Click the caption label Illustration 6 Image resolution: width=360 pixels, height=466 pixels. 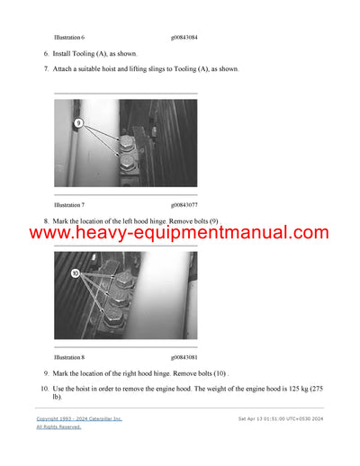pyautogui.click(x=69, y=38)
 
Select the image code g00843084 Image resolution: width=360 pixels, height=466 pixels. pyautogui.click(x=184, y=38)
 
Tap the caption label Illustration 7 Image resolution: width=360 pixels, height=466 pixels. pyautogui.click(x=69, y=204)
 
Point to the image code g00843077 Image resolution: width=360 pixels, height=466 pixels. pyautogui.click(x=184, y=204)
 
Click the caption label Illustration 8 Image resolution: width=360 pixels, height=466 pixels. pyautogui.click(x=69, y=357)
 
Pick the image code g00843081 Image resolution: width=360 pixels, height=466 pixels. pyautogui.click(x=184, y=357)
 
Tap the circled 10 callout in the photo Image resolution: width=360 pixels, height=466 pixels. pyautogui.click(x=76, y=273)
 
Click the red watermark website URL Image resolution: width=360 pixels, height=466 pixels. pyautogui.click(x=180, y=233)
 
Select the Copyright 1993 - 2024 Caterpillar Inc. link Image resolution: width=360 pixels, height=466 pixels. pyautogui.click(x=79, y=419)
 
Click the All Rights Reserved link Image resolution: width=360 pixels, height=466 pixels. pyautogui.click(x=58, y=427)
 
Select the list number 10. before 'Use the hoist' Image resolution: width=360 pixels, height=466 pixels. pyautogui.click(x=44, y=388)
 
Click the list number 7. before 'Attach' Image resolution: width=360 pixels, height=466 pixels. pyautogui.click(x=46, y=69)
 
